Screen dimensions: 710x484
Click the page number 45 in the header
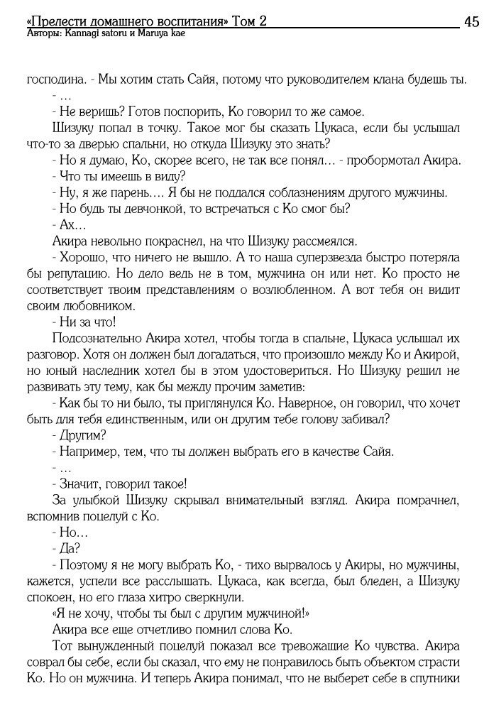(471, 21)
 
